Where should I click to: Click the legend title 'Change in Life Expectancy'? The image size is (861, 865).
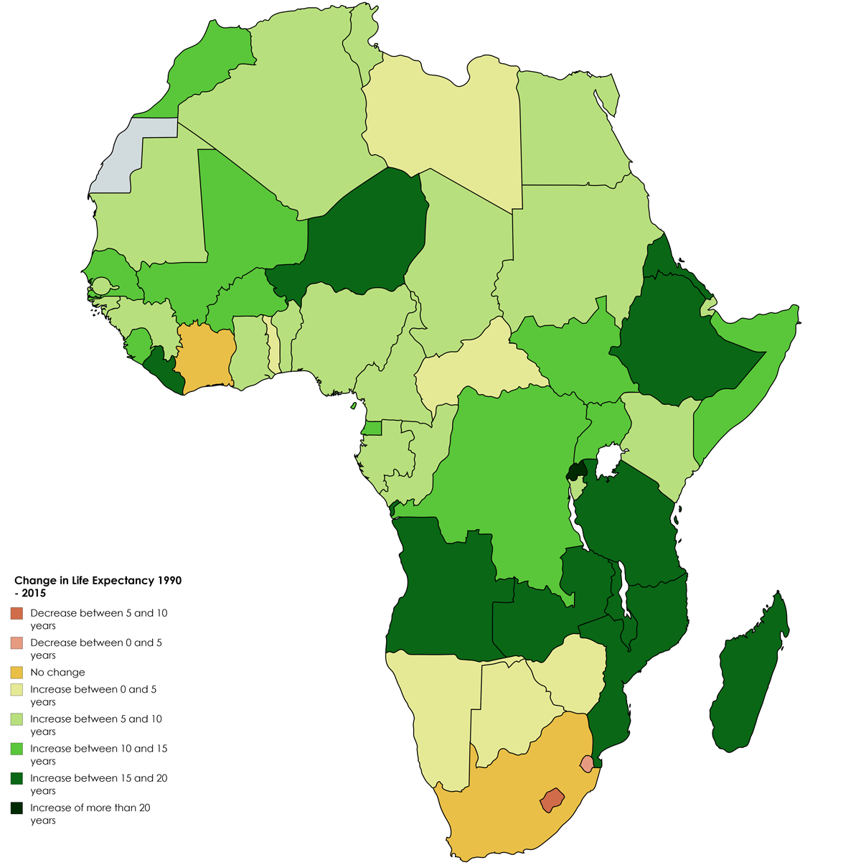coord(98,581)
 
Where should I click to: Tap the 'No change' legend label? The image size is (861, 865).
coord(57,673)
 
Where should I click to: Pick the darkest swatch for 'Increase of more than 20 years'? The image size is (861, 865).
coord(17,808)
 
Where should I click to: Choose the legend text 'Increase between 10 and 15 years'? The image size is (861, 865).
coord(98,754)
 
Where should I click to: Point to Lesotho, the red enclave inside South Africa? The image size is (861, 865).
coord(552,800)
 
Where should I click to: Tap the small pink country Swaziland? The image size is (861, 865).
coord(588,764)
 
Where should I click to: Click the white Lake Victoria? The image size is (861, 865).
coord(608,460)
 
